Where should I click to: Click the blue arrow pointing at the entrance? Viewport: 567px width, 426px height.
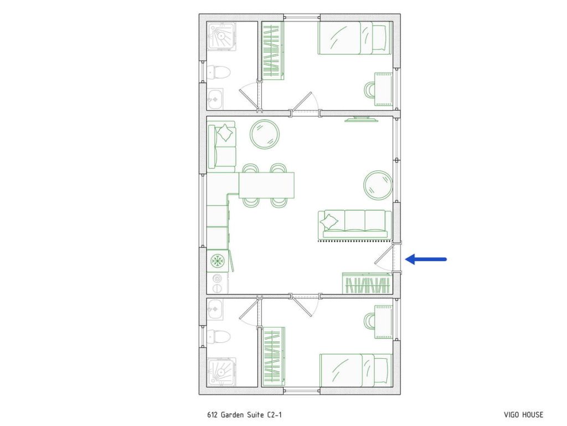click(x=426, y=258)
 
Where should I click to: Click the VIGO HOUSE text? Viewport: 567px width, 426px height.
click(x=523, y=415)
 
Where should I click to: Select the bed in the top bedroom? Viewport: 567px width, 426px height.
click(x=354, y=38)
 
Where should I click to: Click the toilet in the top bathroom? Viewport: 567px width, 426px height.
click(x=219, y=72)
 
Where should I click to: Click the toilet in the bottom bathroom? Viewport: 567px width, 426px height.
click(x=219, y=336)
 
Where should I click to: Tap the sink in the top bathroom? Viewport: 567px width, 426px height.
click(x=215, y=99)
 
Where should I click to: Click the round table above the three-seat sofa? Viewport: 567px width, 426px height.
click(x=378, y=184)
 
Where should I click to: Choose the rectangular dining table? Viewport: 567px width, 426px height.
click(x=266, y=185)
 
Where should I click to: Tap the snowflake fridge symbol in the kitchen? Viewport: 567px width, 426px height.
click(x=217, y=261)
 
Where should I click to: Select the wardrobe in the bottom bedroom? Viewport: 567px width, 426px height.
click(x=274, y=357)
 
